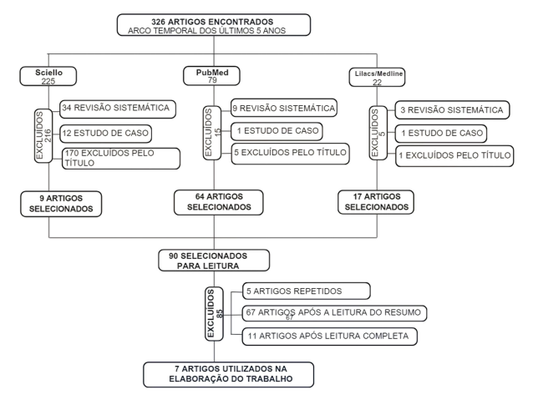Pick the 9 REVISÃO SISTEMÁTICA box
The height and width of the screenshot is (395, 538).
tap(283, 108)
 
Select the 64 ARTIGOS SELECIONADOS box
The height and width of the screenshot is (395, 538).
tap(218, 201)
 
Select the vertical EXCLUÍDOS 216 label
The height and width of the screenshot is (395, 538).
tap(45, 134)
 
